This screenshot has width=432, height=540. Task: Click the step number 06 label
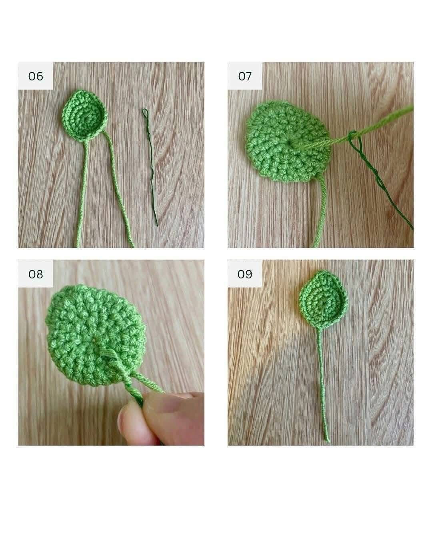coord(36,76)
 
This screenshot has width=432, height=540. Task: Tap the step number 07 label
coord(245,76)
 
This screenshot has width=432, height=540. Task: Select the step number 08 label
coord(36,274)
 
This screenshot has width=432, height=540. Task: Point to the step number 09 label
coord(245,274)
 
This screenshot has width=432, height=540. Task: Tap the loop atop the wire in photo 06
coord(145,113)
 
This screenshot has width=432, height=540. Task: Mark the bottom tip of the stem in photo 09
coord(328,440)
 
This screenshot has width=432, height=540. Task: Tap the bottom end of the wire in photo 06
coord(157,225)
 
